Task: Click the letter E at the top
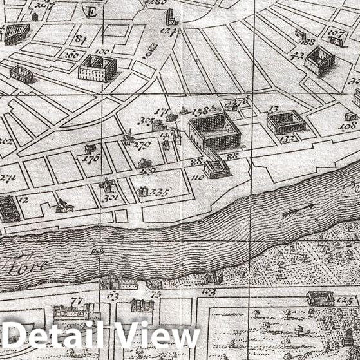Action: pyautogui.click(x=91, y=12)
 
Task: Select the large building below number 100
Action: pyautogui.click(x=97, y=68)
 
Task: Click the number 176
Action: pyautogui.click(x=91, y=158)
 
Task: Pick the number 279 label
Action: pyautogui.click(x=141, y=145)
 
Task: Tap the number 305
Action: pyautogui.click(x=144, y=121)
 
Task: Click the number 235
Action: pyautogui.click(x=159, y=192)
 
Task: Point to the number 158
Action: pyautogui.click(x=200, y=111)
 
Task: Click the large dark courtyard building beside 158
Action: pyautogui.click(x=214, y=131)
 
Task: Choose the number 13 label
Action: pyautogui.click(x=273, y=109)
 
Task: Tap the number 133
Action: pyautogui.click(x=287, y=138)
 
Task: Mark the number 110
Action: pyautogui.click(x=198, y=177)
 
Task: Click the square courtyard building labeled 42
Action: pyautogui.click(x=317, y=61)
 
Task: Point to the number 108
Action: pyautogui.click(x=348, y=126)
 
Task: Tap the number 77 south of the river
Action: pyautogui.click(x=77, y=301)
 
